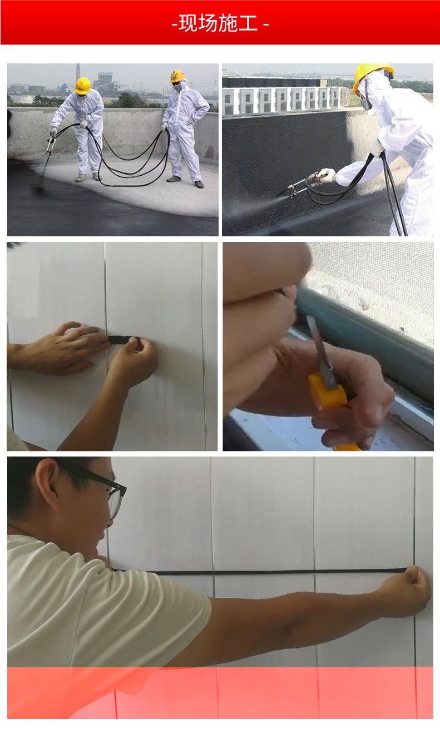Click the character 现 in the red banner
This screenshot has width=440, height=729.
pyautogui.click(x=188, y=23)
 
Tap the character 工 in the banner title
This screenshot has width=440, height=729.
pyautogui.click(x=248, y=23)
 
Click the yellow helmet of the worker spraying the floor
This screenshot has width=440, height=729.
pyautogui.click(x=83, y=86)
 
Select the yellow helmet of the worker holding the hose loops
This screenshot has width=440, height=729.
pyautogui.click(x=177, y=76)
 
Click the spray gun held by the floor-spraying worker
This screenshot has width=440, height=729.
pyautogui.click(x=51, y=143)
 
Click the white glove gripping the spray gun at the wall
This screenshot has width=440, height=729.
pyautogui.click(x=327, y=175)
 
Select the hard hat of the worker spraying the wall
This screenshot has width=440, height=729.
pyautogui.click(x=372, y=76)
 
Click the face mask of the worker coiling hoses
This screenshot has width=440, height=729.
pyautogui.click(x=177, y=87)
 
